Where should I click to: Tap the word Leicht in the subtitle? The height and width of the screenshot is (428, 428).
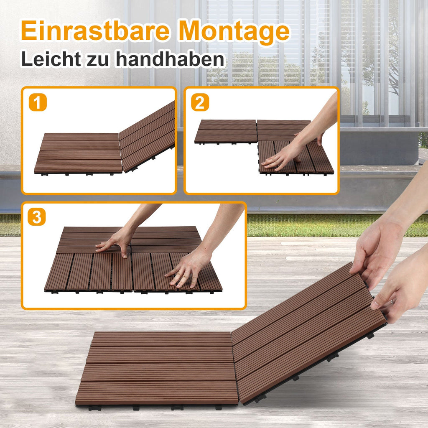tap(50, 59)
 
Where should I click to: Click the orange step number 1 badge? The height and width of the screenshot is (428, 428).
tap(38, 103)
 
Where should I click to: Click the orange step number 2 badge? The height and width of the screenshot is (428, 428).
tap(200, 103)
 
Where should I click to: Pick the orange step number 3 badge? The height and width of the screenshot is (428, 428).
tap(37, 217)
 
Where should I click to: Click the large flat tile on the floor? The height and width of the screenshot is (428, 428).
tap(159, 368)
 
